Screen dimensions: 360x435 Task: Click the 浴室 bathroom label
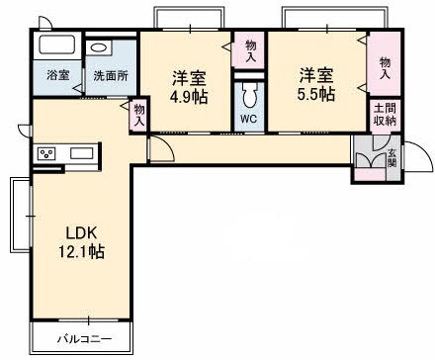click(57, 75)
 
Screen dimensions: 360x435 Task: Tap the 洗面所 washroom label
click(110, 75)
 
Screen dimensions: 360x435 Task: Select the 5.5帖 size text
click(317, 95)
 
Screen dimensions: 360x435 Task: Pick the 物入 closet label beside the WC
click(250, 51)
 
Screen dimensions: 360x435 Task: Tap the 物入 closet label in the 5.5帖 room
click(384, 68)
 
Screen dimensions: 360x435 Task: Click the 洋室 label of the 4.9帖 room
click(187, 76)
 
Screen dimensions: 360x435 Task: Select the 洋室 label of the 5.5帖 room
click(317, 75)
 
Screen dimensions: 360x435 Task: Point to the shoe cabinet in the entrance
click(369, 158)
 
